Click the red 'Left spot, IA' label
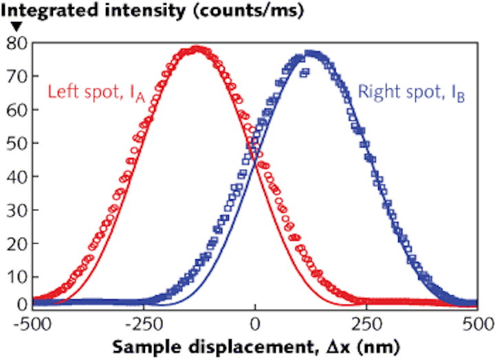click(x=91, y=92)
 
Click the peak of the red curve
click(x=197, y=49)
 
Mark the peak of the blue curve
click(x=311, y=52)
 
